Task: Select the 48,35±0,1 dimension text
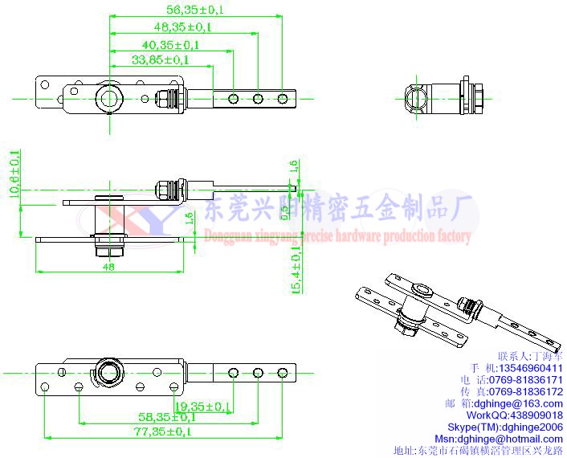(182, 27)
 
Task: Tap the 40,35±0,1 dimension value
(170, 44)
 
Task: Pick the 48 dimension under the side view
(108, 268)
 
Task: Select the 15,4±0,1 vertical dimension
(296, 270)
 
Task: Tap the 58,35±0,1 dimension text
(166, 417)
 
